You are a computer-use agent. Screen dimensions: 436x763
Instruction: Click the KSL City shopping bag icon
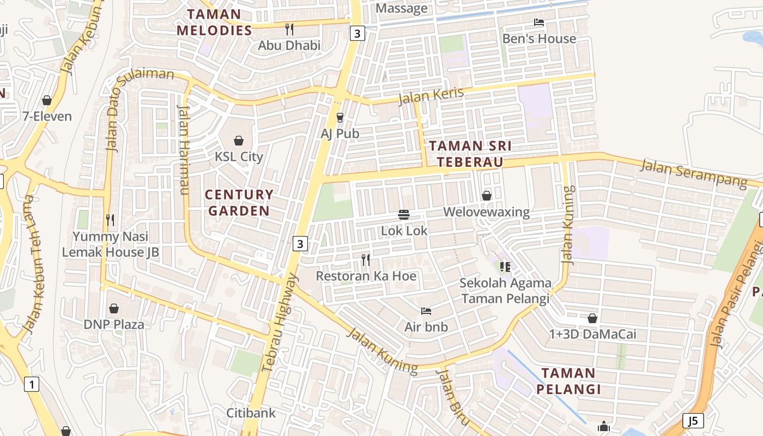pyautogui.click(x=238, y=141)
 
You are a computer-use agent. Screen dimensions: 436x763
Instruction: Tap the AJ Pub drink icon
pyautogui.click(x=340, y=117)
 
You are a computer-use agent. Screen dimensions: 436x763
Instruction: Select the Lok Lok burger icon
pyautogui.click(x=404, y=215)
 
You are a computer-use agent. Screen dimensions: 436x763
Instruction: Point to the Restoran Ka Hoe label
pyautogui.click(x=366, y=276)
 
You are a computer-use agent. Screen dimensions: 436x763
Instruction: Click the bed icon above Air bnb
pyautogui.click(x=426, y=311)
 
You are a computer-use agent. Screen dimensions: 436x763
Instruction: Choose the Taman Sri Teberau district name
pyautogui.click(x=470, y=154)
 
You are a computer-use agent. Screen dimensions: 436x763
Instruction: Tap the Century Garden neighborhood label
pyautogui.click(x=239, y=203)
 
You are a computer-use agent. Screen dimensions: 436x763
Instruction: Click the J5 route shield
pyautogui.click(x=693, y=421)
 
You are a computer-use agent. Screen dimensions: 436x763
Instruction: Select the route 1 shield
pyautogui.click(x=32, y=385)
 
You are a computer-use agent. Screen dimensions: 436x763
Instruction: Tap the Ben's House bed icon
pyautogui.click(x=539, y=22)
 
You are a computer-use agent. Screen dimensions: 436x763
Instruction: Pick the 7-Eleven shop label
pyautogui.click(x=47, y=116)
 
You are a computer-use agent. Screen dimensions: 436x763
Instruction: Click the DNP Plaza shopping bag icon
pyautogui.click(x=113, y=308)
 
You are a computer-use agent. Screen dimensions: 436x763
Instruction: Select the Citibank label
pyautogui.click(x=251, y=413)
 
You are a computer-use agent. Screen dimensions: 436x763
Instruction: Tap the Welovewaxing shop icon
pyautogui.click(x=487, y=196)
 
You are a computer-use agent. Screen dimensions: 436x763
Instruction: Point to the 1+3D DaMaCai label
pyautogui.click(x=592, y=334)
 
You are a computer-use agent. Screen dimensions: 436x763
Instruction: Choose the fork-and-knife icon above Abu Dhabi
pyautogui.click(x=289, y=29)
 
